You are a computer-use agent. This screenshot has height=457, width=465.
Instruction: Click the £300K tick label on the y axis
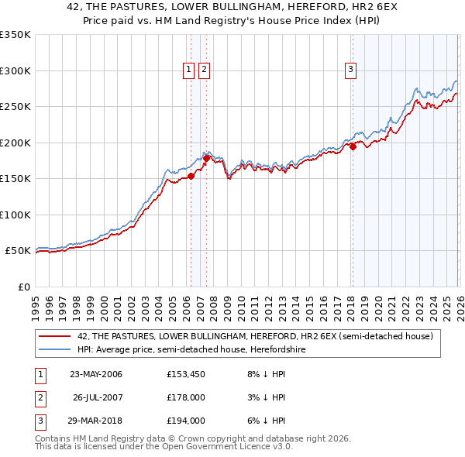point(15,70)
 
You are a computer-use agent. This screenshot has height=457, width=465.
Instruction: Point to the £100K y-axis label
point(15,215)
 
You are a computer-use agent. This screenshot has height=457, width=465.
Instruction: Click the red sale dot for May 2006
point(191,176)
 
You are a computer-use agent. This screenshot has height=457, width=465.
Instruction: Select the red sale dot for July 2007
point(207,158)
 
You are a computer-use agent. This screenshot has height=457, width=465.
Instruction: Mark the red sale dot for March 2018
point(353,146)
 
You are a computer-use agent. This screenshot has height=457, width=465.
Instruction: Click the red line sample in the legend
point(55,337)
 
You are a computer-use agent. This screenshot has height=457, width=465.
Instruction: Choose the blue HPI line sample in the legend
point(55,350)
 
